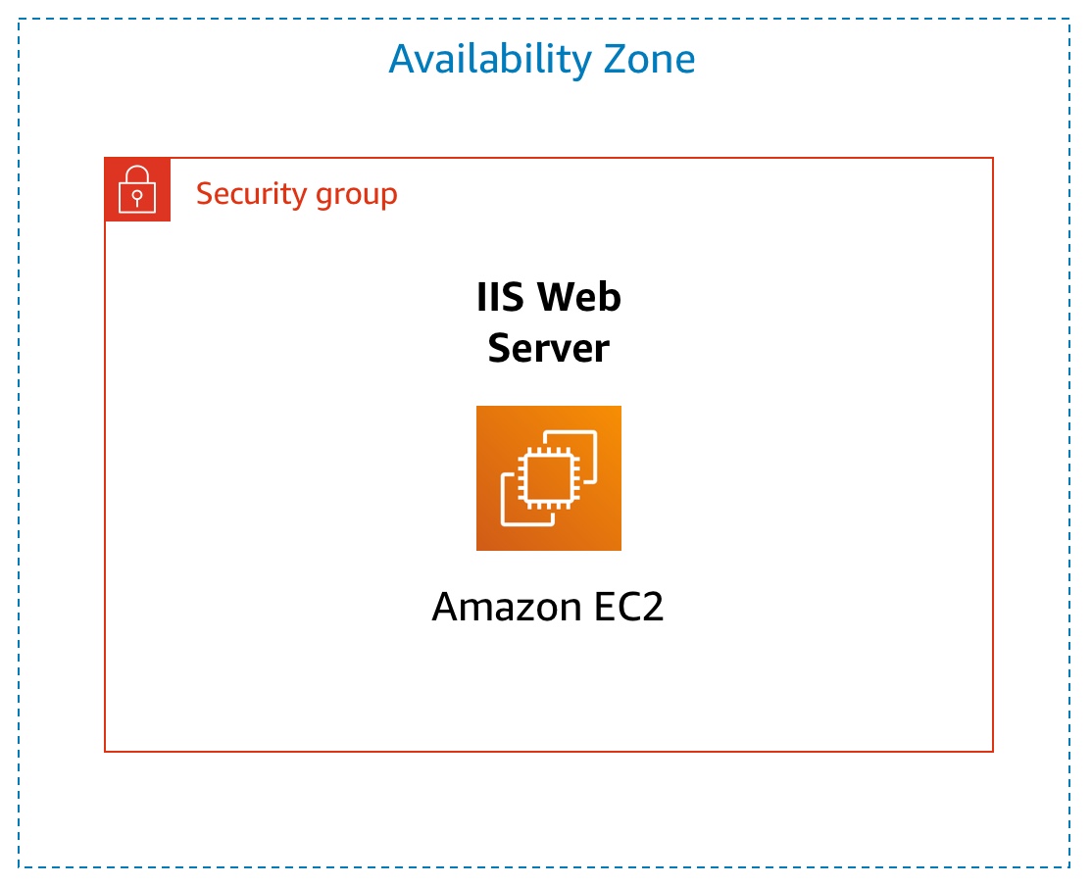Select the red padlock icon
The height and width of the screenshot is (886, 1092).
137,189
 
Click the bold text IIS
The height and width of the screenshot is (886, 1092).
498,297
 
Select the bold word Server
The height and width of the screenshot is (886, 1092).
549,348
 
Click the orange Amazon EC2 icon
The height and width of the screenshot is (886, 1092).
549,478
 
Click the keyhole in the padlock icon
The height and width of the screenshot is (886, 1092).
137,197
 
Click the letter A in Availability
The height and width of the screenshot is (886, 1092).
402,60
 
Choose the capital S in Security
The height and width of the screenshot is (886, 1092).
204,194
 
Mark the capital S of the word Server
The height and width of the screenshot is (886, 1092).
499,348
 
